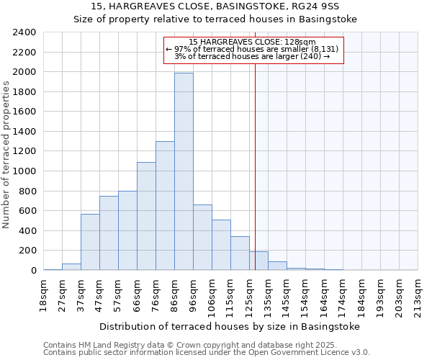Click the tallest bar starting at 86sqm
coord(184,171)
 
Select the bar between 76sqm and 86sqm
coord(165,206)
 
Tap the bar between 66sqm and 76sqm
coord(146,216)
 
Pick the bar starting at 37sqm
coord(90,242)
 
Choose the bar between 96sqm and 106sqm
coord(202,238)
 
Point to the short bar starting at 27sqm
coord(71,267)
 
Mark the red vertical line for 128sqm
coord(255,180)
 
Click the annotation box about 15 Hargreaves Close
coord(254,49)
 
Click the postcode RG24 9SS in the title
coord(320,6)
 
